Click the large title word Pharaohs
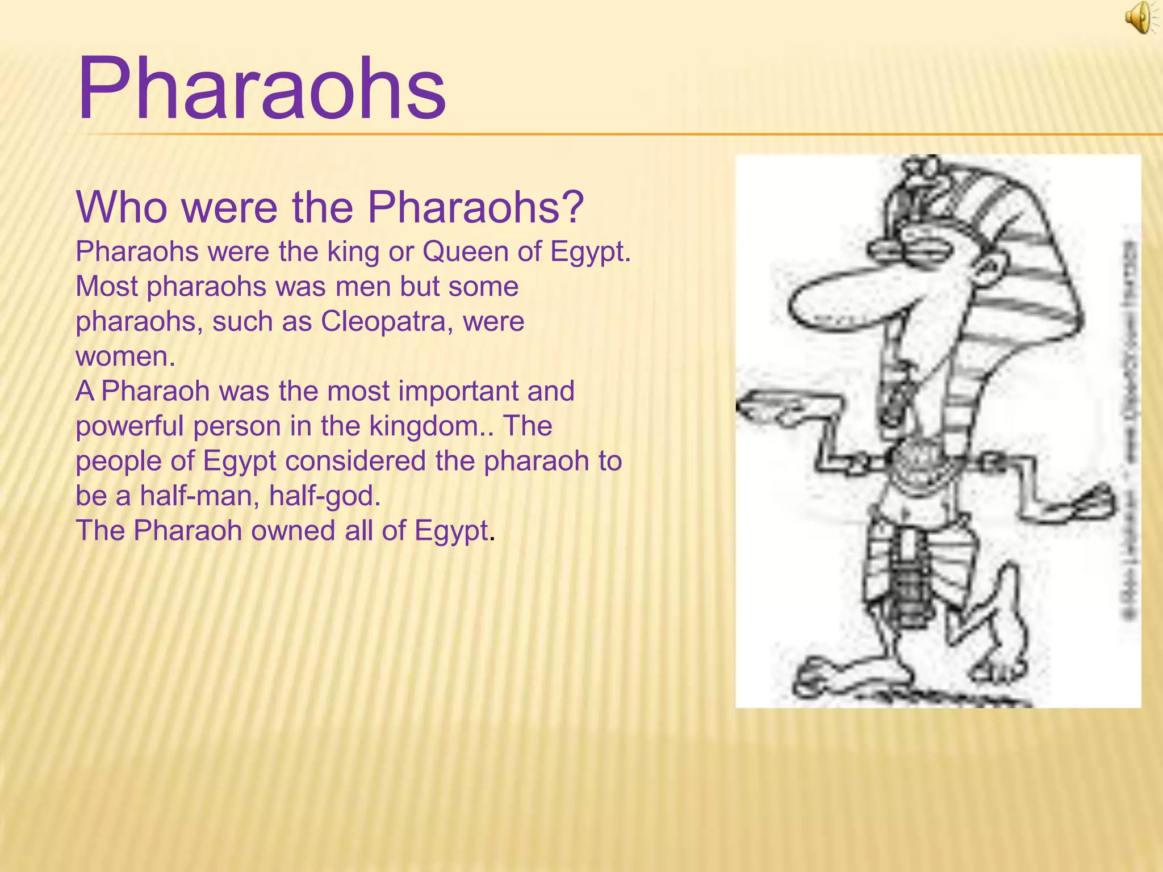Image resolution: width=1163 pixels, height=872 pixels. pos(262,90)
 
